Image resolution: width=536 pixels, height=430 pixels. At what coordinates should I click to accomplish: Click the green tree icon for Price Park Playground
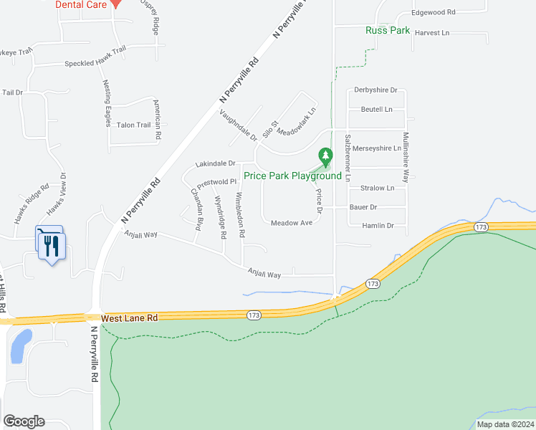tap(325, 155)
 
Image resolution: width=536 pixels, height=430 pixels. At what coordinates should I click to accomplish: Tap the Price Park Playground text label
tap(292, 176)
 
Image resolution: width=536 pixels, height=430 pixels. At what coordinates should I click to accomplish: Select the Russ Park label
tap(388, 31)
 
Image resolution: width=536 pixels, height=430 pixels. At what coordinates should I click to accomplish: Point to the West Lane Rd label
tap(130, 317)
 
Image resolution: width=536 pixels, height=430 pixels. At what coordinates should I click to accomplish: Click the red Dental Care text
tap(82, 4)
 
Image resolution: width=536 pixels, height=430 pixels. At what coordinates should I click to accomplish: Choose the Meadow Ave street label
tap(292, 223)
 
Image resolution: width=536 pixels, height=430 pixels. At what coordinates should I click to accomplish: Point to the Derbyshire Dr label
tap(375, 90)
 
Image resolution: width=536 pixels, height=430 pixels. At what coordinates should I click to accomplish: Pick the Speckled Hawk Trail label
tap(95, 64)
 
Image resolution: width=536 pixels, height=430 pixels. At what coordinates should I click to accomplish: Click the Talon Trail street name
tap(133, 125)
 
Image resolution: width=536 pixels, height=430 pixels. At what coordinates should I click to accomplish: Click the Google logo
tap(24, 421)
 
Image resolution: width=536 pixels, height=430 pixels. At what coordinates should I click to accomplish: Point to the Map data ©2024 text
tap(504, 424)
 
